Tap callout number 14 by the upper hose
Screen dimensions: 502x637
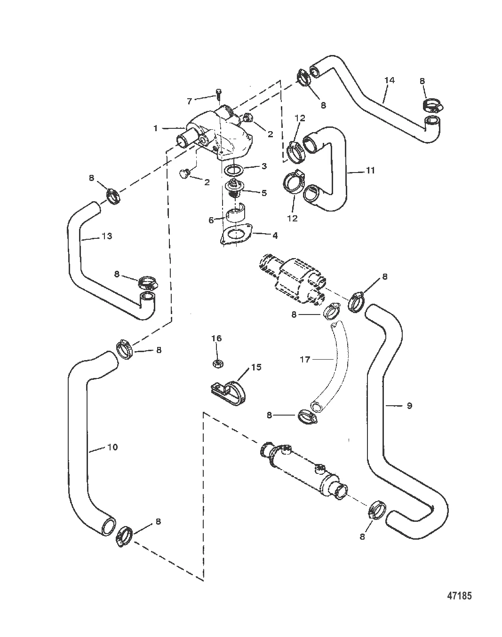coord(390,80)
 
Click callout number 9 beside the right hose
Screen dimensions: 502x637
coord(409,406)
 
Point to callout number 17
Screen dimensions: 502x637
coord(305,360)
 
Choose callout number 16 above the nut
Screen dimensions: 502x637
coord(216,338)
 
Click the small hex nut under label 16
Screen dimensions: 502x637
coord(218,364)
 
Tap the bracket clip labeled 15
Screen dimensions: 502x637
coord(229,393)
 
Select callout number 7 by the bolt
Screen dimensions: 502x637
coord(190,101)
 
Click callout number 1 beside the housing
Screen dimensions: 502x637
coord(155,128)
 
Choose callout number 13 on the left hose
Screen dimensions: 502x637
coord(107,236)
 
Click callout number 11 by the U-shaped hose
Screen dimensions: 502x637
coord(370,171)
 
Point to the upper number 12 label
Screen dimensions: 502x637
coord(300,118)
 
